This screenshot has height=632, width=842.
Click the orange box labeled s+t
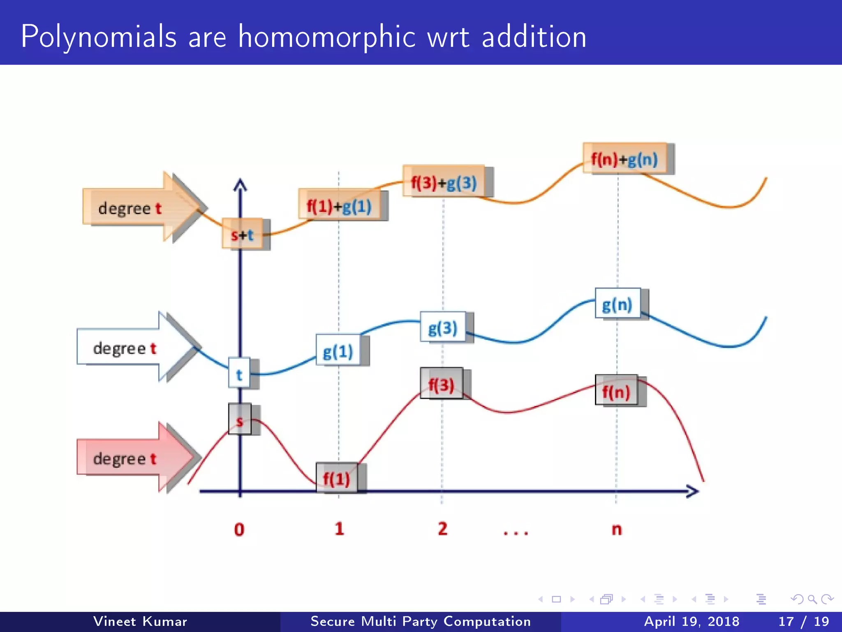(x=242, y=234)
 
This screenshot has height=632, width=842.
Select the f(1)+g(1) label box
(x=339, y=205)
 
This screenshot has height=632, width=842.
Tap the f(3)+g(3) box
(x=444, y=181)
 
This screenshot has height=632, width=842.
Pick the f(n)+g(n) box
(x=624, y=158)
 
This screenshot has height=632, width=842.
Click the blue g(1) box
(x=338, y=351)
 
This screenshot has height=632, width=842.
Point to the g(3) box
(x=443, y=328)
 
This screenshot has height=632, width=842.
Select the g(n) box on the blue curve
(x=617, y=304)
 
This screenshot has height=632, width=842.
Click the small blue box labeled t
(x=239, y=373)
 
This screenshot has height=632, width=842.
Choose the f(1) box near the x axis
(x=336, y=478)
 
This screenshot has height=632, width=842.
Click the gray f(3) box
(x=441, y=383)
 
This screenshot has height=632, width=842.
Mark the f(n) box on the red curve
(x=616, y=390)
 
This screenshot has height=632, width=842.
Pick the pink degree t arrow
(x=132, y=458)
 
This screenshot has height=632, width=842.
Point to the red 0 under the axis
(x=239, y=529)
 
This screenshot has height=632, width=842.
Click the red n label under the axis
(x=617, y=529)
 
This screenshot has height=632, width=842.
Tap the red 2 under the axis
(x=442, y=529)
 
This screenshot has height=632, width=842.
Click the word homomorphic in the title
(x=327, y=37)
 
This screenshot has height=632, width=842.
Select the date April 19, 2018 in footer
(x=692, y=621)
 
